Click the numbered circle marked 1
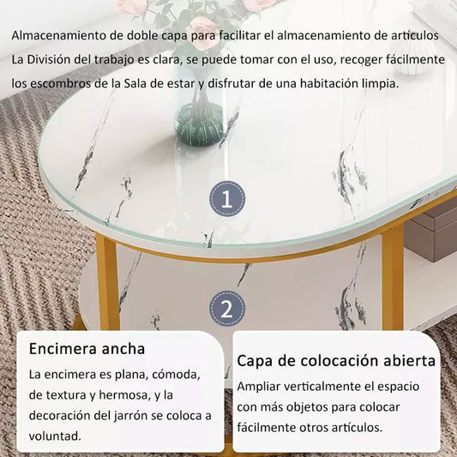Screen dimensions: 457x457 [x=227, y=200]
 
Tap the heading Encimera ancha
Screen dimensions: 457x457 [x=87, y=349]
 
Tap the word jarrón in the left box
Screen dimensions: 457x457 [x=151, y=415]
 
